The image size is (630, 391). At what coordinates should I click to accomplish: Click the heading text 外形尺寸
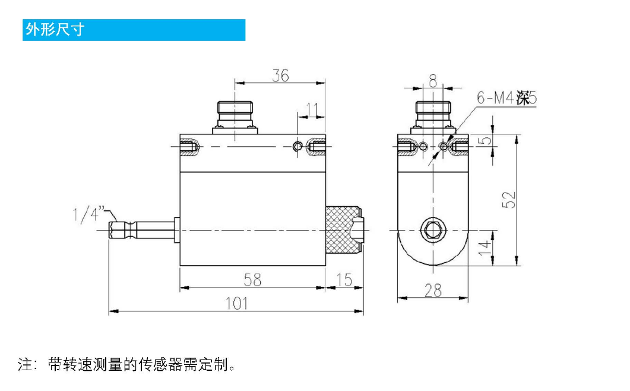(x=55, y=29)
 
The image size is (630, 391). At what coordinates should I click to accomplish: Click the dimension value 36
(x=280, y=75)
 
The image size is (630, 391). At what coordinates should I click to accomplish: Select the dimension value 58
(x=253, y=280)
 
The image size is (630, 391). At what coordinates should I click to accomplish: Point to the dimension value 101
(x=236, y=303)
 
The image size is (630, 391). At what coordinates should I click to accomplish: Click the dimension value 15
(x=344, y=280)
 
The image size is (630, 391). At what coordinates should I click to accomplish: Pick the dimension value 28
(x=433, y=290)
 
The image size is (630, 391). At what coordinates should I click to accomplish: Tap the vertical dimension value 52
(x=509, y=200)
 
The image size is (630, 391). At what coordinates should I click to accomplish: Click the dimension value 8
(x=433, y=81)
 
